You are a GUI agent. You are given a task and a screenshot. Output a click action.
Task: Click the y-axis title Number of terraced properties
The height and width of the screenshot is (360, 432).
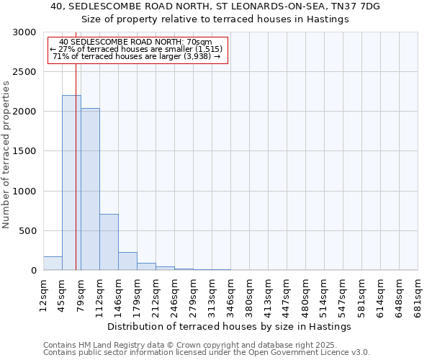click(6, 155)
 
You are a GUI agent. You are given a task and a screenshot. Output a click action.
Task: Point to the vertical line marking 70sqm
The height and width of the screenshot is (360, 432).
click(76, 166)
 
